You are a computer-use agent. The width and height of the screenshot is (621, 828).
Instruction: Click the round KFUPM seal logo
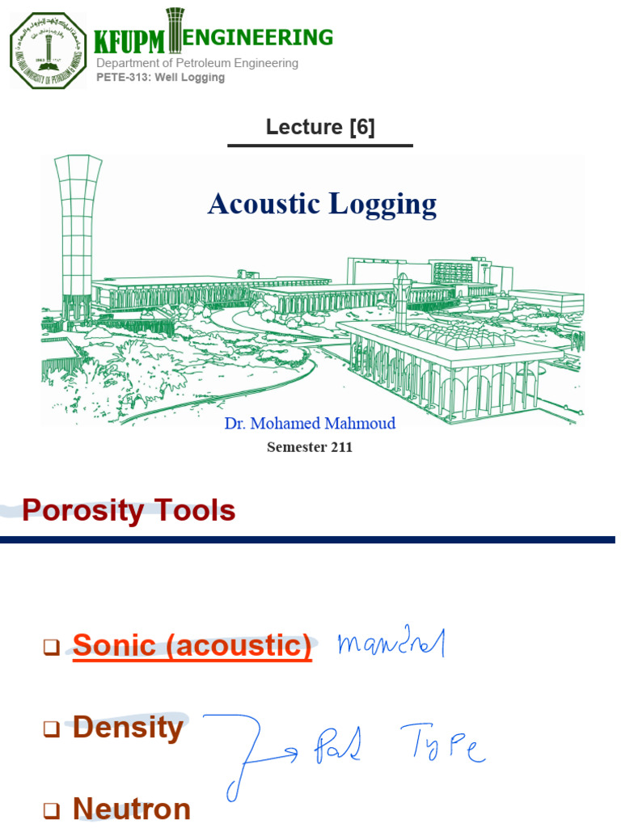point(47,50)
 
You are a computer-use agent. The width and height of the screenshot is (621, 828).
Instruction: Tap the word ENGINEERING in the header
point(259,37)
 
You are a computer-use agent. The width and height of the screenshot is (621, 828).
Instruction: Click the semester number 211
point(340,447)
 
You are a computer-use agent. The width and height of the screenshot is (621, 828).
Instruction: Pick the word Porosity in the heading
point(82,511)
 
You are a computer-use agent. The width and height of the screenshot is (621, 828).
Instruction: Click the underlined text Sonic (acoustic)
point(192,646)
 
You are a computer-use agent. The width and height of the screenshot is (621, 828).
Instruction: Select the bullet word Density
point(128,728)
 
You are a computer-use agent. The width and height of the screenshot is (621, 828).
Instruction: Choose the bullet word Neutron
point(132,809)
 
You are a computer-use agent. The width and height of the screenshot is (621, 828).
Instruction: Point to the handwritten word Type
point(442,748)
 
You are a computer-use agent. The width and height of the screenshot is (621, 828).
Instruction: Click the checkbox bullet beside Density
point(52,729)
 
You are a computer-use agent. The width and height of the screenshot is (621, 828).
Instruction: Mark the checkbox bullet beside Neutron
point(52,810)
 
